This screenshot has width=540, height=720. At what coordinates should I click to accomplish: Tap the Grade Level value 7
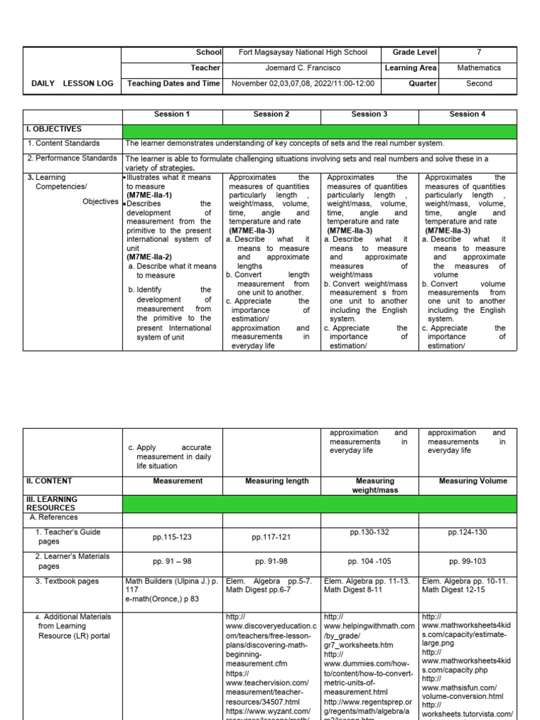point(478,53)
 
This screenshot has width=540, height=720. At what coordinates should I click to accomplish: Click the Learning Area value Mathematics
point(478,68)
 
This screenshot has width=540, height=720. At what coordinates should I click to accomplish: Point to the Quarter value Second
point(478,84)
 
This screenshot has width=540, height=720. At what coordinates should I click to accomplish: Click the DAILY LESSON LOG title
point(72,84)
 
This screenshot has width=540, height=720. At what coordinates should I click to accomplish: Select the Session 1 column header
point(172,114)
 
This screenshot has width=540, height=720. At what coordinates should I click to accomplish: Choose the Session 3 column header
point(370,114)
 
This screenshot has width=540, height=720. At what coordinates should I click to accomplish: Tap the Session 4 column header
point(468,114)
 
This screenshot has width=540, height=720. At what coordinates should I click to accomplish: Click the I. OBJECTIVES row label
point(54,129)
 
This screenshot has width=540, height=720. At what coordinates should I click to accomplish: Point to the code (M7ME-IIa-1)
point(149,195)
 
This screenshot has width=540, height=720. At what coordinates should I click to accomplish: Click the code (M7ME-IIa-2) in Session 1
point(149,257)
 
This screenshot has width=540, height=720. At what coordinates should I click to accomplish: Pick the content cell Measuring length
point(276,481)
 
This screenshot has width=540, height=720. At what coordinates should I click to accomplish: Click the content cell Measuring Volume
point(468,481)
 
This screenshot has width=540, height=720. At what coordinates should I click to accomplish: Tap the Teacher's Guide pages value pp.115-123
point(172,537)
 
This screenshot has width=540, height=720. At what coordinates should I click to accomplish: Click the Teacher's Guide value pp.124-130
point(468,532)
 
